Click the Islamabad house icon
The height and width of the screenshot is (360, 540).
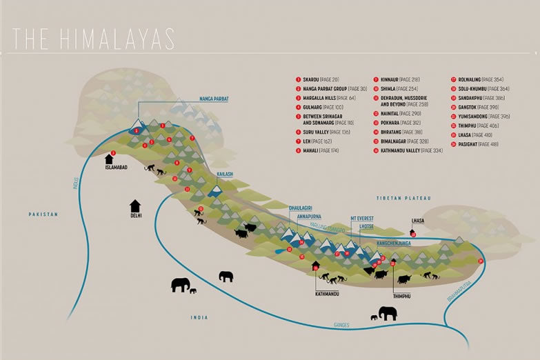click(109, 159)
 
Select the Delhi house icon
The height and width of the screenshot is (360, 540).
click(135, 206)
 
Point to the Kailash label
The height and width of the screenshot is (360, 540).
click(224, 174)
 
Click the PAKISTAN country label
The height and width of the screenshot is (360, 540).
click(42, 214)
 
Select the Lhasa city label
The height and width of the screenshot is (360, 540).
click(416, 222)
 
